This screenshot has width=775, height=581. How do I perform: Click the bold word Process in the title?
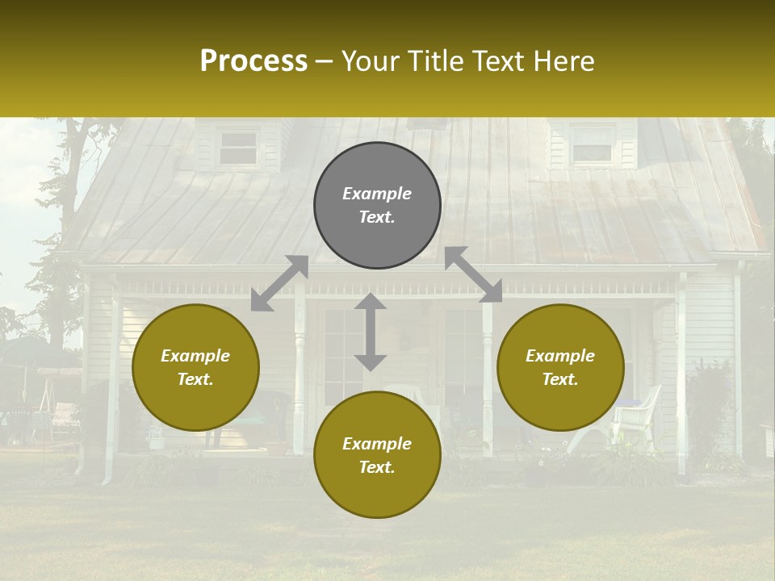tap(253, 61)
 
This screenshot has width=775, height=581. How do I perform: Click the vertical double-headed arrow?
tap(371, 332)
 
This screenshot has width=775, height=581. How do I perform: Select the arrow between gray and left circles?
tap(279, 283)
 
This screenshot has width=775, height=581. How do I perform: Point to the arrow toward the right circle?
tap(473, 274)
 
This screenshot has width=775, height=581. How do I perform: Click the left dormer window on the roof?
tap(239, 148)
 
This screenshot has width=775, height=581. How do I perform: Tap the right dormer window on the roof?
tap(592, 145)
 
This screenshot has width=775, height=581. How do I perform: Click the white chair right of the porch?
tap(635, 416)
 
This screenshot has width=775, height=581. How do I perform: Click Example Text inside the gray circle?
tap(377, 205)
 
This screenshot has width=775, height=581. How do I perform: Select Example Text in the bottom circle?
tap(377, 455)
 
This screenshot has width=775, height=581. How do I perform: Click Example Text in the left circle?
tap(195, 367)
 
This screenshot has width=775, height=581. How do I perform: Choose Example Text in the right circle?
tap(560, 367)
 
